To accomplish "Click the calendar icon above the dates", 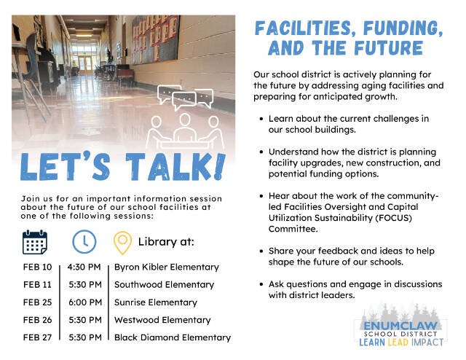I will [x=35, y=241].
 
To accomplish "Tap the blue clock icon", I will [x=83, y=241].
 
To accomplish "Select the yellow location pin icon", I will [x=122, y=242].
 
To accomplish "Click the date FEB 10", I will [x=37, y=267].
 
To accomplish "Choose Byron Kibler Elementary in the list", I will [x=166, y=267].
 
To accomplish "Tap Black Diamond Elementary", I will [x=172, y=337].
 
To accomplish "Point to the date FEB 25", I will [x=37, y=302].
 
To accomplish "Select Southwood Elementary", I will [x=164, y=284].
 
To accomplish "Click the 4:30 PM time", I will [x=84, y=267].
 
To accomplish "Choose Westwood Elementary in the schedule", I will [x=162, y=319].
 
